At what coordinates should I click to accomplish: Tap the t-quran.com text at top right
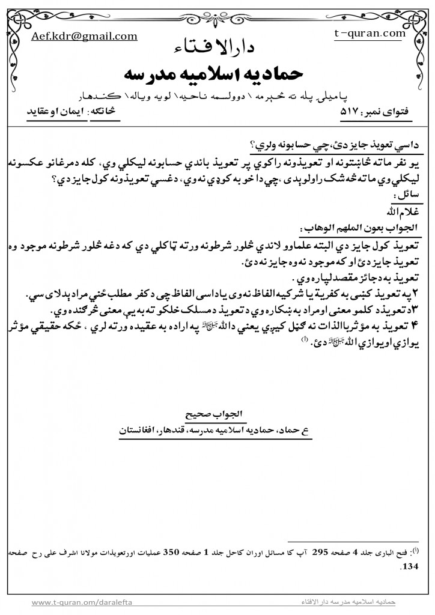(x=369, y=34)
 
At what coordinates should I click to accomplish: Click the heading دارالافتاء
(x=217, y=48)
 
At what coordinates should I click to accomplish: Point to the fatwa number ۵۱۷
(x=350, y=112)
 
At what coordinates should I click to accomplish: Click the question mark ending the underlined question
(x=251, y=147)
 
